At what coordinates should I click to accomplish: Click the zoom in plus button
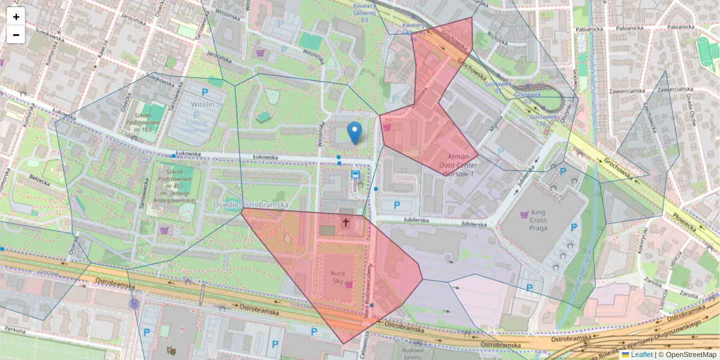click(x=16, y=17)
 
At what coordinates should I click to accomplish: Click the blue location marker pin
click(x=355, y=133)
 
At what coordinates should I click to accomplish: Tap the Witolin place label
click(x=203, y=104)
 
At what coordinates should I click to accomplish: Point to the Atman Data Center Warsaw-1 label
click(x=458, y=165)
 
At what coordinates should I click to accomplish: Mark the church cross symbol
click(x=345, y=223)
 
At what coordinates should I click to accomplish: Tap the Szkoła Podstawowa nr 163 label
click(x=142, y=121)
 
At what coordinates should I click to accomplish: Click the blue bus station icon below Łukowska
click(x=355, y=175)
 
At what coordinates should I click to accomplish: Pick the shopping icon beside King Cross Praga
click(x=524, y=214)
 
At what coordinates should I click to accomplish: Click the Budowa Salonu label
click(x=413, y=354)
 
